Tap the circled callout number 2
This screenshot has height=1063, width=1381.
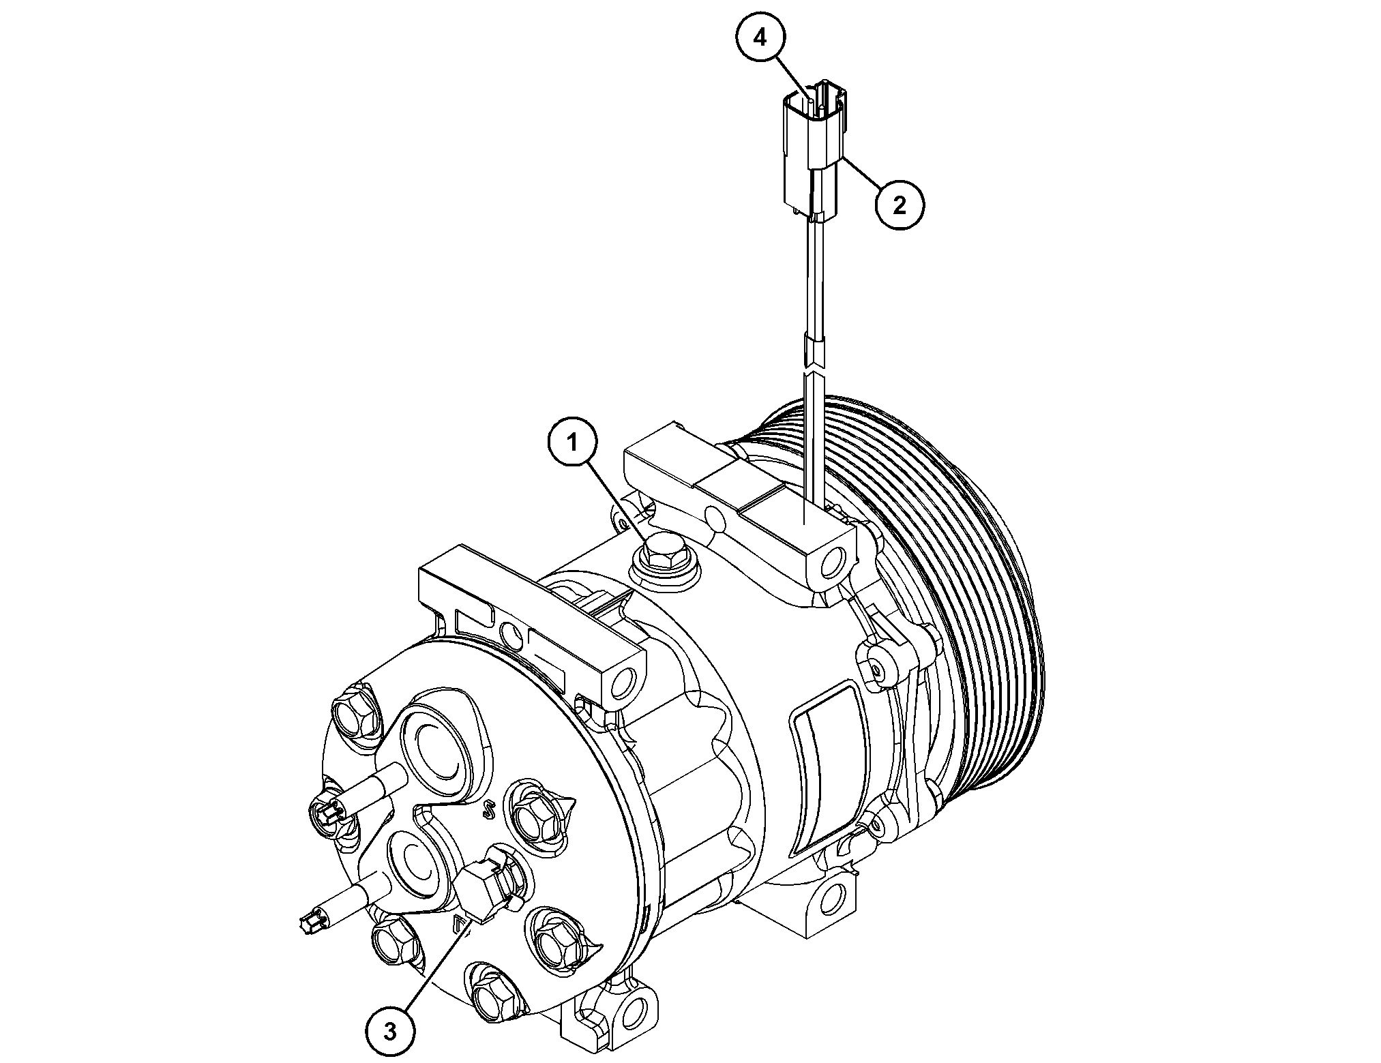click(x=900, y=204)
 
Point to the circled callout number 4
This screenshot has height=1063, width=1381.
click(x=760, y=38)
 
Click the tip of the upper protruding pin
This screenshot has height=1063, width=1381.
click(x=325, y=811)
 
